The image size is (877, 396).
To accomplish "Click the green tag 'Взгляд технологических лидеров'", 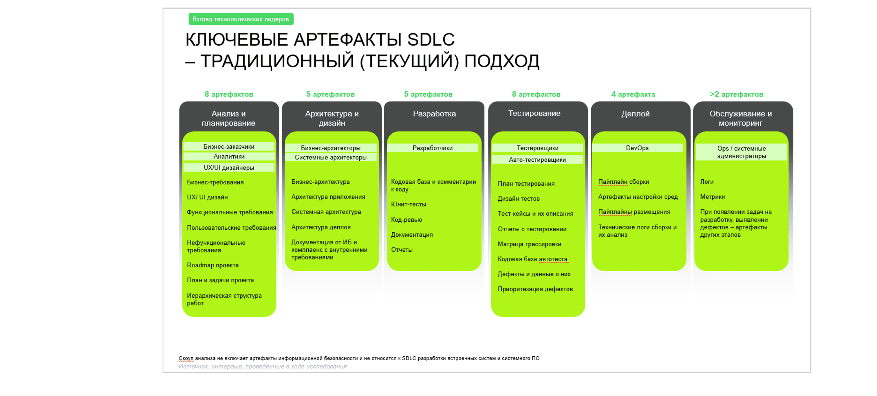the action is [x=241, y=19].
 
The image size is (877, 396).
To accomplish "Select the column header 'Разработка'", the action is [x=434, y=114].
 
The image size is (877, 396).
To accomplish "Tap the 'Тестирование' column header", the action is [x=534, y=113].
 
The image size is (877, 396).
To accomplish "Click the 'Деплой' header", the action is [x=635, y=114].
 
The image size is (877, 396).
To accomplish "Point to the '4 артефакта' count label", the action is [x=633, y=94].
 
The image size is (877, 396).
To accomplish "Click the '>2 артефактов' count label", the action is [x=736, y=94].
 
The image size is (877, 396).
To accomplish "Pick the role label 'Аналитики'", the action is [x=229, y=156].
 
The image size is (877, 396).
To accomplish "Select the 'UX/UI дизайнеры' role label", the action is [x=229, y=167].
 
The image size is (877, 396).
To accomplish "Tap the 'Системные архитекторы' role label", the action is [x=331, y=157].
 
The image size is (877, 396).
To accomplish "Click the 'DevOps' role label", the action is [x=637, y=148].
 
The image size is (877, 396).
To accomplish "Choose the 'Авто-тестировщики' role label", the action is [x=537, y=160].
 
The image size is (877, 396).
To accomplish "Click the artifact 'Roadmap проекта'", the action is [x=213, y=265].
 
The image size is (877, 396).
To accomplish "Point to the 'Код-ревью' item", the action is [x=407, y=220].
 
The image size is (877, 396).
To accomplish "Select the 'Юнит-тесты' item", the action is [x=409, y=204].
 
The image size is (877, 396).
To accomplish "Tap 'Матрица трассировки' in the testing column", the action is [x=529, y=244].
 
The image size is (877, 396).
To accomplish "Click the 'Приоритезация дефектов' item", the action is [x=535, y=289].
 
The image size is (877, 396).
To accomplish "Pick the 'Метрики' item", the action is [x=713, y=197].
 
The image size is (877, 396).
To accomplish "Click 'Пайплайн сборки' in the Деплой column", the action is [x=624, y=182].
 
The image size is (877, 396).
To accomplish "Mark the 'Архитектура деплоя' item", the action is [x=321, y=227].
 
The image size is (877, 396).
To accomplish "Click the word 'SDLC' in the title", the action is [x=431, y=39].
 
